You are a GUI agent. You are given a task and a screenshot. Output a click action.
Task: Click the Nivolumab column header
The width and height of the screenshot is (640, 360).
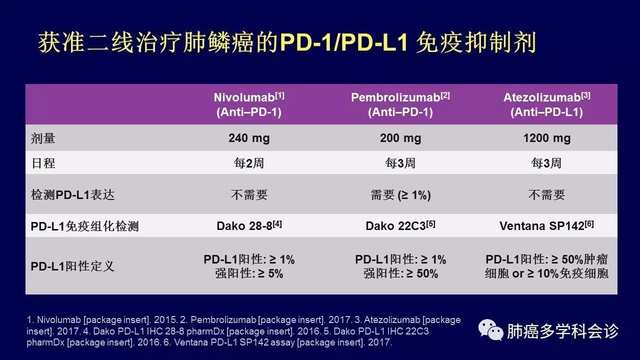pyautogui.click(x=249, y=104)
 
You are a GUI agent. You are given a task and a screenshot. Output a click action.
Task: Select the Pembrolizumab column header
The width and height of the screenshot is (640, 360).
pyautogui.click(x=400, y=104)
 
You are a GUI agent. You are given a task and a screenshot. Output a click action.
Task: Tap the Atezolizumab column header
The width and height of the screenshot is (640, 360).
pyautogui.click(x=546, y=104)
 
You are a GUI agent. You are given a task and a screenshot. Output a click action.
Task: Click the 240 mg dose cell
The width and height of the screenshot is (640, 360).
pyautogui.click(x=249, y=138)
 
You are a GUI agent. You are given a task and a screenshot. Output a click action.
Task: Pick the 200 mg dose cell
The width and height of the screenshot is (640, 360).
pyautogui.click(x=400, y=138)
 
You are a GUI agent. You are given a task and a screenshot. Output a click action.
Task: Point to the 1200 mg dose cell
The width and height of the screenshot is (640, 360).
pyautogui.click(x=547, y=138)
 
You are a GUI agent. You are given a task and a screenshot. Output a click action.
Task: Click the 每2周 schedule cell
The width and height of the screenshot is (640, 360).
pyautogui.click(x=249, y=163)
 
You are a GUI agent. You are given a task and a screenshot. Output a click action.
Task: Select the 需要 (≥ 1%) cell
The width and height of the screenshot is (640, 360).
pyautogui.click(x=400, y=195)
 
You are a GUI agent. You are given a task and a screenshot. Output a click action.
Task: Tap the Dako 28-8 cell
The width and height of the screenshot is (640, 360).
pyautogui.click(x=249, y=225)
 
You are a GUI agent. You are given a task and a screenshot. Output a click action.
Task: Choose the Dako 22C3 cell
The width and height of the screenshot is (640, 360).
pyautogui.click(x=400, y=225)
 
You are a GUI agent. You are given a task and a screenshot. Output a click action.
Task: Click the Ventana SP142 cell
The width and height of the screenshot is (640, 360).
pyautogui.click(x=546, y=225)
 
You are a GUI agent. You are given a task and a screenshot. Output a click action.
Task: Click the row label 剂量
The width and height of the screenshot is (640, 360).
pyautogui.click(x=43, y=138)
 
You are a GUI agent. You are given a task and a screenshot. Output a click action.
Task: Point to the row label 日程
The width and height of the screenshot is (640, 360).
pyautogui.click(x=43, y=163)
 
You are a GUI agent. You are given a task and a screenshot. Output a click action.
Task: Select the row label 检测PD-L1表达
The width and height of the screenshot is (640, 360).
pyautogui.click(x=72, y=195)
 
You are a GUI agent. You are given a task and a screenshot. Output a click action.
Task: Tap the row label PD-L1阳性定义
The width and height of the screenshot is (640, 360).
pyautogui.click(x=72, y=266)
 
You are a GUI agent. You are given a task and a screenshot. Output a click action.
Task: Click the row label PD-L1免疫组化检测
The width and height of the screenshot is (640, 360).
pyautogui.click(x=84, y=226)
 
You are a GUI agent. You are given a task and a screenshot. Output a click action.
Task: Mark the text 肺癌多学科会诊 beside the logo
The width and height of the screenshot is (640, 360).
pyautogui.click(x=562, y=331)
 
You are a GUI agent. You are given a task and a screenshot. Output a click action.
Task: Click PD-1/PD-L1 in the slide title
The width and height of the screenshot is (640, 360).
pyautogui.click(x=343, y=43)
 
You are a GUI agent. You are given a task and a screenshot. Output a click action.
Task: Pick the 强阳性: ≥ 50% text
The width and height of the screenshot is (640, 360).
pyautogui.click(x=400, y=273)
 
